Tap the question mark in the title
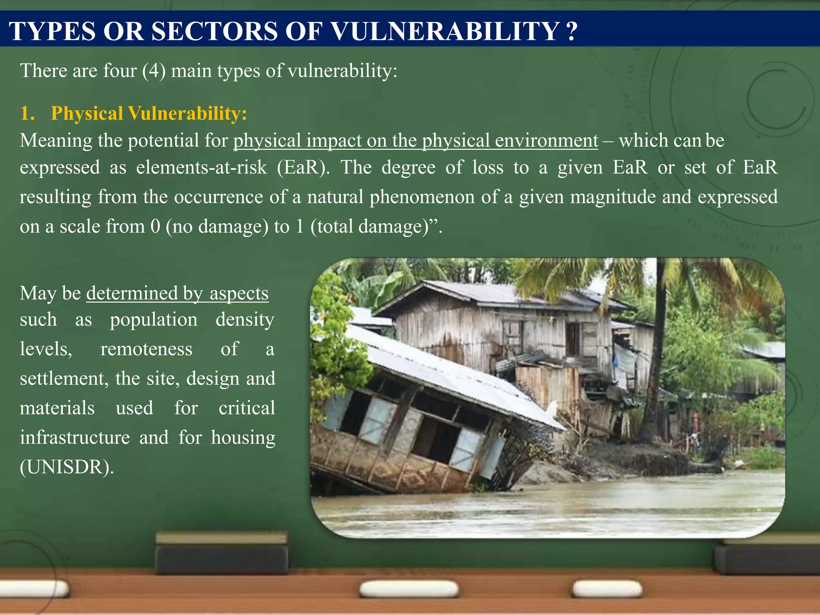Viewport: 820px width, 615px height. [572, 31]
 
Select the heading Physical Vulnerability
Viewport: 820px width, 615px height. [149, 113]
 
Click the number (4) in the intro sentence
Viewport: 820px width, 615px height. [154, 71]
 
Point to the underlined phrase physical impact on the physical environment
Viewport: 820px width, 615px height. [415, 141]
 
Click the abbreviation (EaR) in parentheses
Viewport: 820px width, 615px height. [303, 167]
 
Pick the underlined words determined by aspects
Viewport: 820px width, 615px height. [177, 293]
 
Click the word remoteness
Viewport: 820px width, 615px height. [146, 349]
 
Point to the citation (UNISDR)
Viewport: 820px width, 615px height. [67, 467]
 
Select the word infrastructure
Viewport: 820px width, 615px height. [75, 438]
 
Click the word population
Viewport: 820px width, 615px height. [154, 320]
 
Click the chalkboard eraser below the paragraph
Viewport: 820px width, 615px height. [221, 555]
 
